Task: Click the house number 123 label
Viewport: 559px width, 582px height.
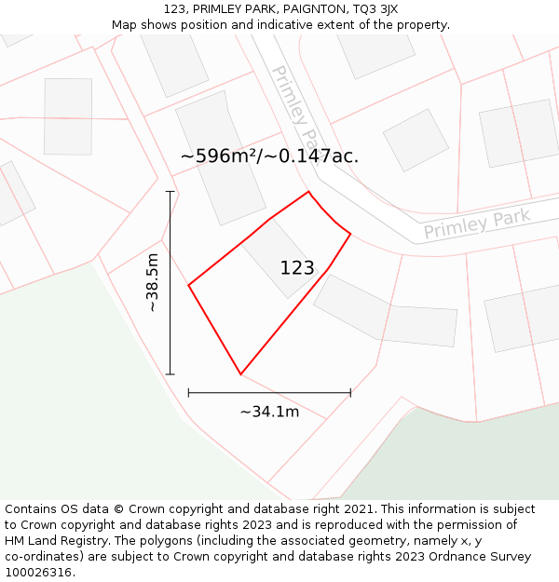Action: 297,268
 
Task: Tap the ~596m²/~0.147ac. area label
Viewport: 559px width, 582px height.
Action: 269,156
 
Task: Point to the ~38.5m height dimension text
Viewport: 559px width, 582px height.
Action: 154,282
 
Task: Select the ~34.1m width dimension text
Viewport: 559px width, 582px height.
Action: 269,412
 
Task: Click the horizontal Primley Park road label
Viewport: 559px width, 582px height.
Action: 476,223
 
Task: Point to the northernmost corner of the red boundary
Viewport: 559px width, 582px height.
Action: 308,192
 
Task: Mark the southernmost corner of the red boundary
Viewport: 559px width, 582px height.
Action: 240,374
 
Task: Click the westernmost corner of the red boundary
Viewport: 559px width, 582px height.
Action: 189,285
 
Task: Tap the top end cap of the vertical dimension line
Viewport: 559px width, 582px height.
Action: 170,192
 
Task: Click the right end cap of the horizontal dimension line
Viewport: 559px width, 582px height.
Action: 350,393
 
